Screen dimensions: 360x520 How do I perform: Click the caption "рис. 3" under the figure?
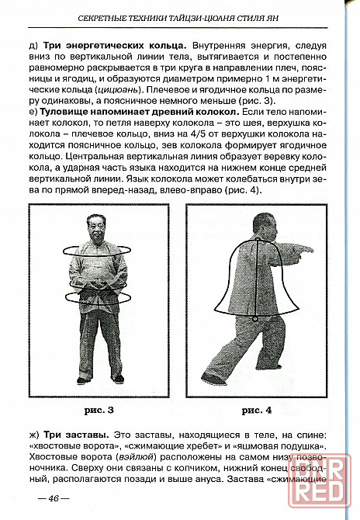pos(99,411)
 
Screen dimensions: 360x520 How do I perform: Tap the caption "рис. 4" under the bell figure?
pos(257,411)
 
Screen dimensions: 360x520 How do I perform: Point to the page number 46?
pos(54,498)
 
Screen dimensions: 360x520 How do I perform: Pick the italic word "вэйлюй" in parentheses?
pos(136,457)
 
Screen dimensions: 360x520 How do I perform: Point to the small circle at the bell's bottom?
pos(255,319)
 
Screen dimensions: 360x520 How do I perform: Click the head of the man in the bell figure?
pos(265,227)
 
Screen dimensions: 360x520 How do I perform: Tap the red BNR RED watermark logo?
pos(320,480)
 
